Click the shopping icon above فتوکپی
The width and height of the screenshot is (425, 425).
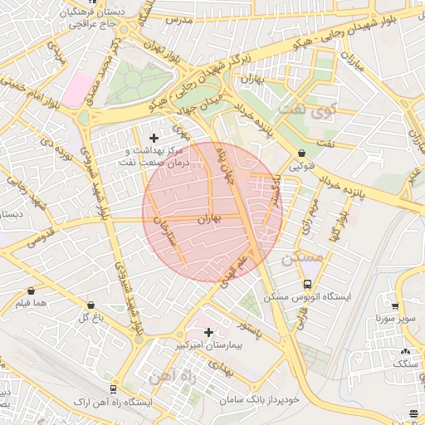click(x=300, y=154)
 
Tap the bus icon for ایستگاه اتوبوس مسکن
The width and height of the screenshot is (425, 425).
click(x=308, y=284)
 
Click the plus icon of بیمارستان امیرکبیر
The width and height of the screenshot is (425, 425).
click(x=208, y=331)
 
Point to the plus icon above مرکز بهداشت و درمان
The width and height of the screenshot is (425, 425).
click(x=153, y=137)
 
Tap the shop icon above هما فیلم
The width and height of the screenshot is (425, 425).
click(x=32, y=291)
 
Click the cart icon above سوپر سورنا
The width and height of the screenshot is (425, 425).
click(x=396, y=305)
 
